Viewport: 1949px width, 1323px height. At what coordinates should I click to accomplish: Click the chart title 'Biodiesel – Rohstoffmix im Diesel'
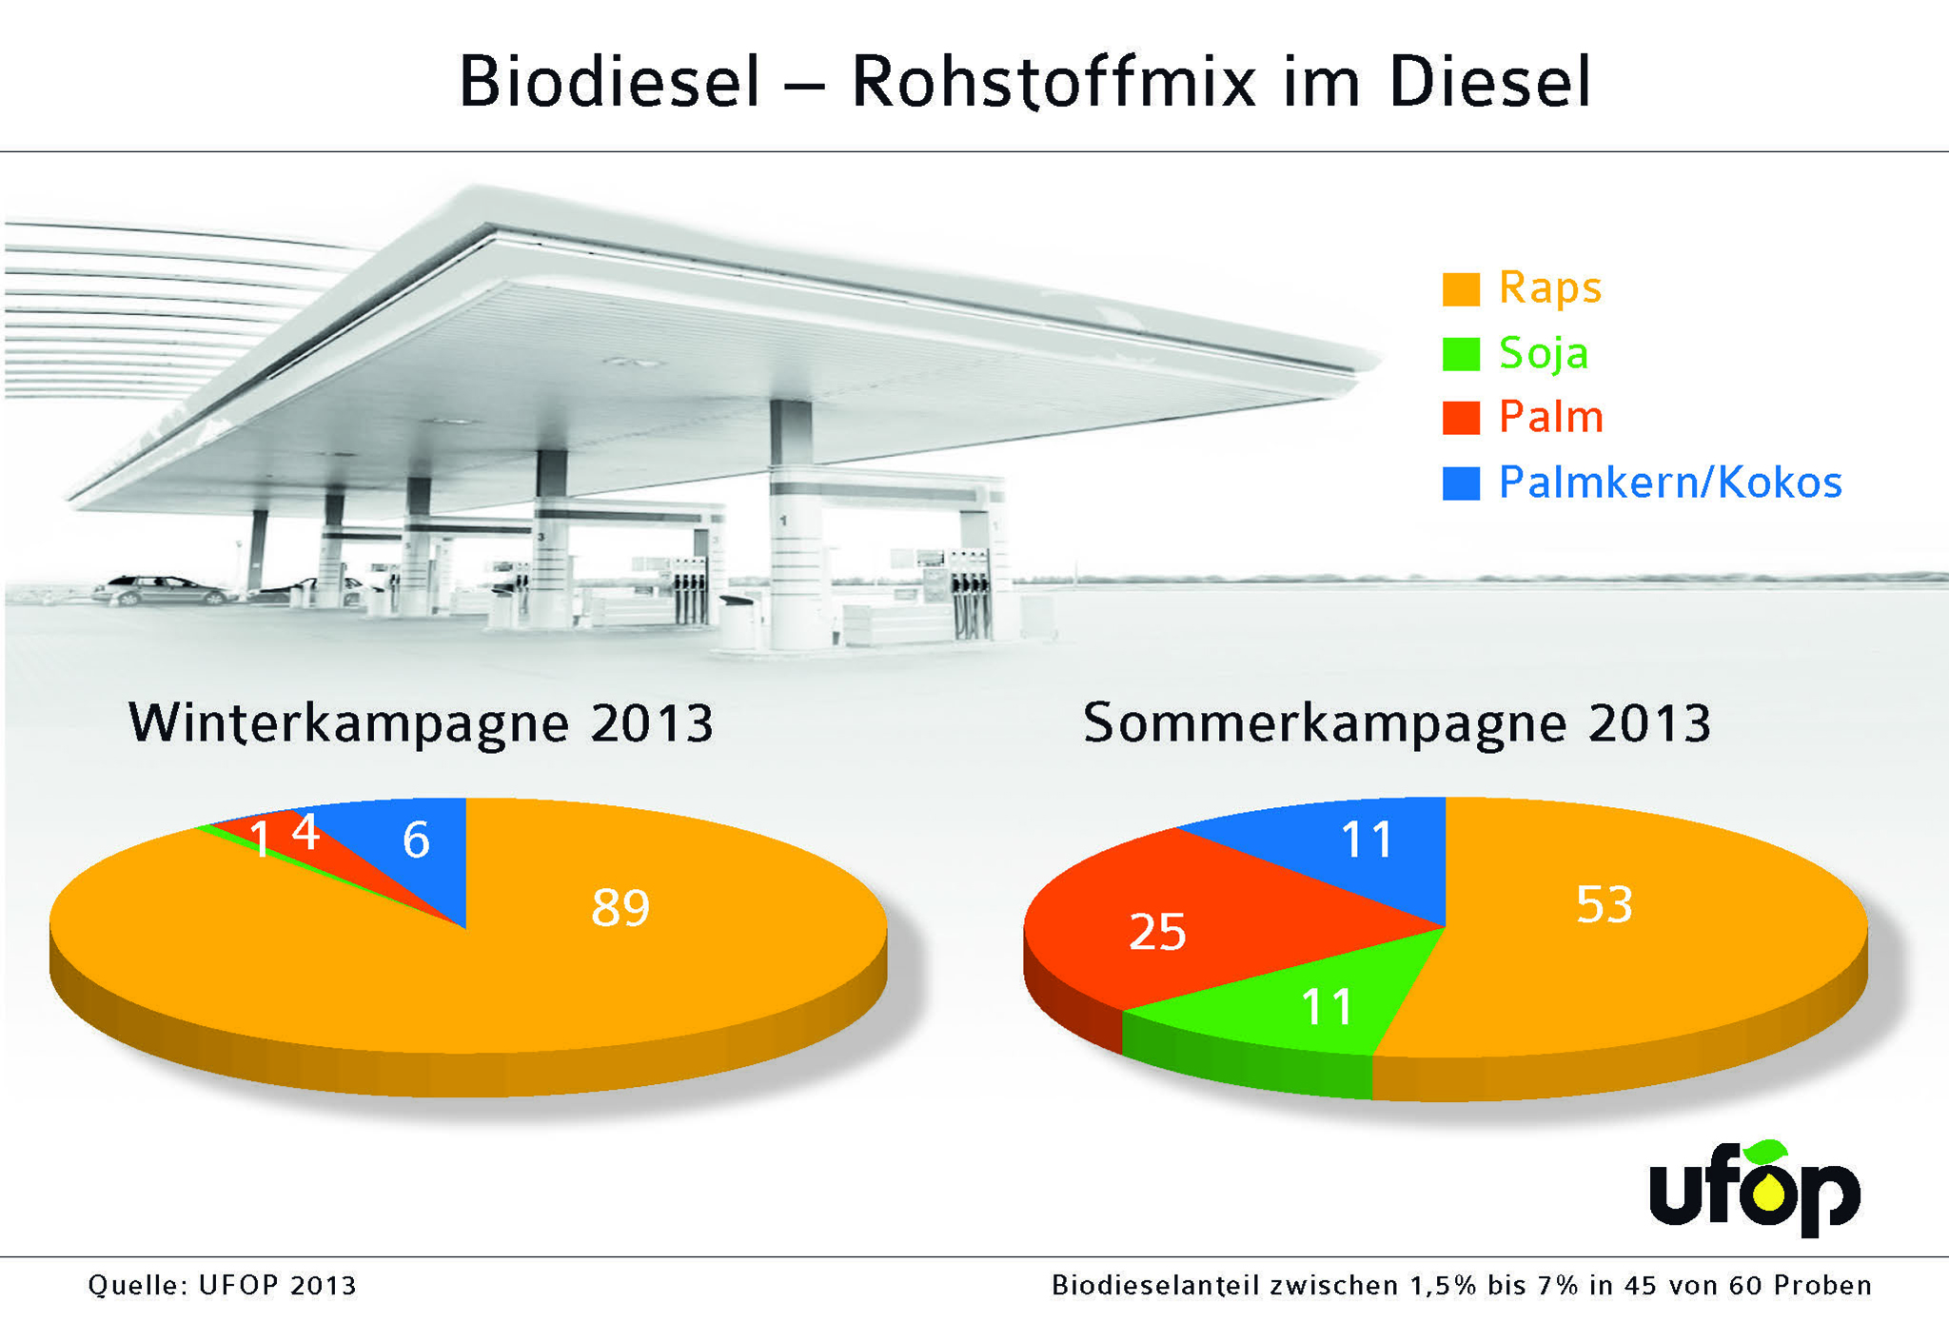pyautogui.click(x=1024, y=82)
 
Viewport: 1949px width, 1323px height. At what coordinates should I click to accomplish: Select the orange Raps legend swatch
pyautogui.click(x=1460, y=289)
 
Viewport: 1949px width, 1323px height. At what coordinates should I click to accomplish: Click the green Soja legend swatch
pyautogui.click(x=1460, y=354)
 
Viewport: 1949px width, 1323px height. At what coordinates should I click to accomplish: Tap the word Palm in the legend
pyautogui.click(x=1550, y=418)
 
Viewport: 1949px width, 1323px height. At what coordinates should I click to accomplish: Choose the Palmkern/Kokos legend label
pyautogui.click(x=1669, y=483)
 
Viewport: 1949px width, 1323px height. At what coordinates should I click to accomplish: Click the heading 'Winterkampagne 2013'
pyautogui.click(x=421, y=723)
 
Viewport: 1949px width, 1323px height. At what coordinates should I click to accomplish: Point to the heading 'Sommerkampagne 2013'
pyautogui.click(x=1396, y=723)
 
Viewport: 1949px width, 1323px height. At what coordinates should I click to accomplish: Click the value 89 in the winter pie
pyautogui.click(x=620, y=907)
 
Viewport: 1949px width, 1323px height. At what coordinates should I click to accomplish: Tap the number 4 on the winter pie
pyautogui.click(x=305, y=832)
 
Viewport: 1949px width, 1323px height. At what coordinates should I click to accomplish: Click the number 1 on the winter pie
pyautogui.click(x=259, y=840)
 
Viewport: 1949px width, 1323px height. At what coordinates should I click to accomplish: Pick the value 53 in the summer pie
pyautogui.click(x=1604, y=904)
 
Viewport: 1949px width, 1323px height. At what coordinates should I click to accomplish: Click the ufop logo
pyautogui.click(x=1753, y=1190)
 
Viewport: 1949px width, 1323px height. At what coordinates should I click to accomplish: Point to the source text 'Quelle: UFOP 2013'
pyautogui.click(x=222, y=1286)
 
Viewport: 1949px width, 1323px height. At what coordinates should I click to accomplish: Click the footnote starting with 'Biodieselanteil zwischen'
pyautogui.click(x=1461, y=1286)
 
